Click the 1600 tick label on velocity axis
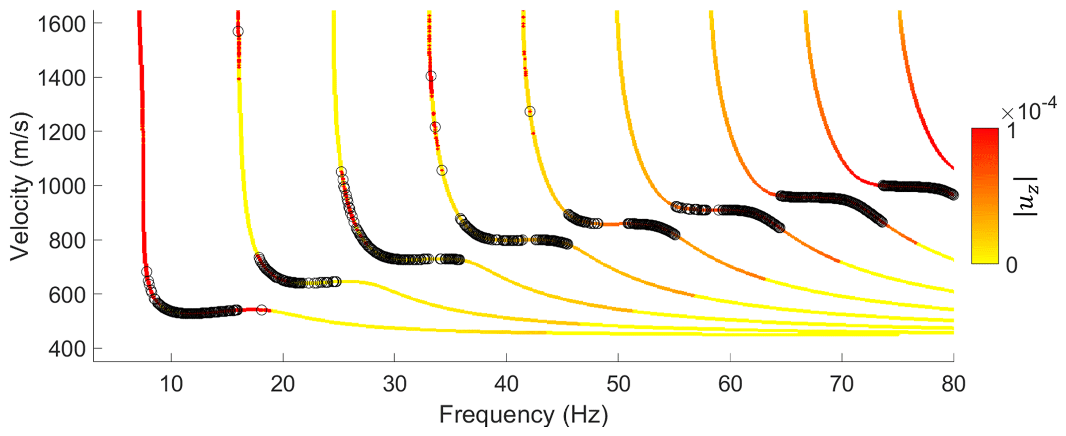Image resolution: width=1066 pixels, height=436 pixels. coord(60,24)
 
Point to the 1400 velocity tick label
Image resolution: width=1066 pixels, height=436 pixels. coord(60,78)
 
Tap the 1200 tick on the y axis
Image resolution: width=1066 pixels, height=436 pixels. coord(60,132)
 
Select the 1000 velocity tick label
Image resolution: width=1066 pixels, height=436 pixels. coord(60,186)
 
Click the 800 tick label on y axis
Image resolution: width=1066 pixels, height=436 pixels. coord(66,240)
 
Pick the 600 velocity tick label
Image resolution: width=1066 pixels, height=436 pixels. coord(66,295)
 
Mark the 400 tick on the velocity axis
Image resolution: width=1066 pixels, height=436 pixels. coord(66,349)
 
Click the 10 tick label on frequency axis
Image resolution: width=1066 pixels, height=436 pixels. coord(171,384)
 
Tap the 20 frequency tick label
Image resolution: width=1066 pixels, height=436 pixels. coord(283,384)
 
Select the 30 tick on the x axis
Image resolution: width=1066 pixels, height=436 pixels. coord(395,384)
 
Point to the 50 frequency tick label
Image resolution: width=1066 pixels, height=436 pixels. coord(618,384)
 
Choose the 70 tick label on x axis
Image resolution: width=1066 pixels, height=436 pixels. coord(842,384)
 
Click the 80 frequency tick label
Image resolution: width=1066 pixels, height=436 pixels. coord(953,384)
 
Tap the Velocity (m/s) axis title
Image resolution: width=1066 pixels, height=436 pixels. coord(21,186)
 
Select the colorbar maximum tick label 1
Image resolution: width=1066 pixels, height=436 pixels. coord(1011,131)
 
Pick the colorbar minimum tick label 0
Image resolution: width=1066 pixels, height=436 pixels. coord(1011,265)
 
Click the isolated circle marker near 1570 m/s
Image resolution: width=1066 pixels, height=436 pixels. coord(238,31)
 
